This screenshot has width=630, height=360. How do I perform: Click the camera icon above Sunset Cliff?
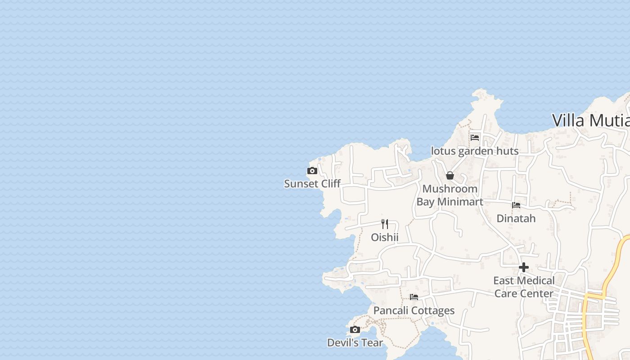[x=312, y=171]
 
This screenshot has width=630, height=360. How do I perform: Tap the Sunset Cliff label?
[x=312, y=184]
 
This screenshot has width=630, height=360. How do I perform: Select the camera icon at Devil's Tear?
[x=355, y=330]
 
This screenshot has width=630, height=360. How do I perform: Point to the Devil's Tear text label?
[x=355, y=343]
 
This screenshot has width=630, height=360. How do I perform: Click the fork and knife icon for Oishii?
[x=385, y=224]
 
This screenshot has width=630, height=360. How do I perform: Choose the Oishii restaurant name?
[x=385, y=237]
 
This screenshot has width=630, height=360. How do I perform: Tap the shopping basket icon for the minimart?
[x=450, y=175]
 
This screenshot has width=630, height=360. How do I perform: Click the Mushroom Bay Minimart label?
[x=450, y=195]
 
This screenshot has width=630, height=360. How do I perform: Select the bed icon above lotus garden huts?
[x=475, y=138]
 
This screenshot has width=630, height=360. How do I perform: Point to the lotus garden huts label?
[x=475, y=151]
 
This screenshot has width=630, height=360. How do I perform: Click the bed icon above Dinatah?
[x=516, y=205]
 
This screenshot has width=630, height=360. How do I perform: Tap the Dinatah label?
[x=516, y=219]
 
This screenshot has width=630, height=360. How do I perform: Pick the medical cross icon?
[x=524, y=267]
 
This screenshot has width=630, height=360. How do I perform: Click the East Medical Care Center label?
[x=524, y=287]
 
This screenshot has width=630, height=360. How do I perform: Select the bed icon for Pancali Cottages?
[x=414, y=297]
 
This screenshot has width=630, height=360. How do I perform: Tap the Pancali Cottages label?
[x=414, y=310]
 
